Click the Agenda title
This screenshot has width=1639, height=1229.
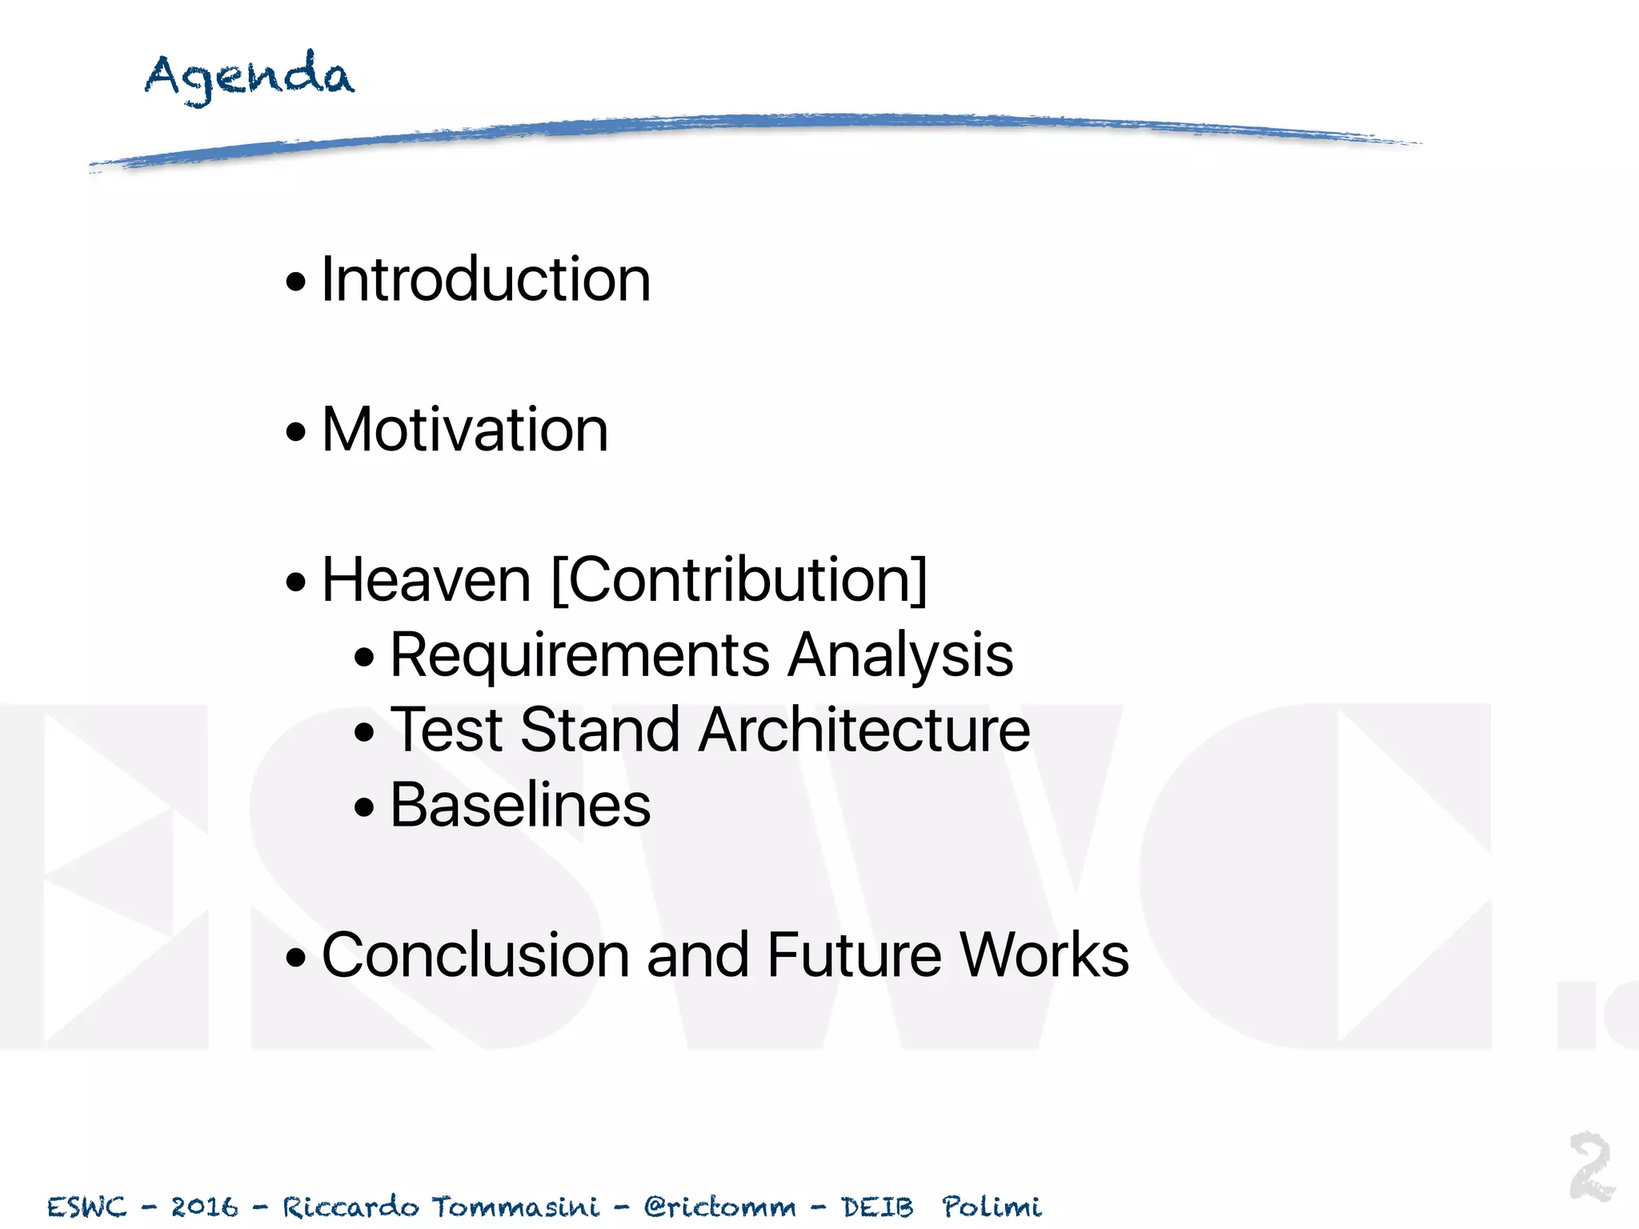click(x=249, y=77)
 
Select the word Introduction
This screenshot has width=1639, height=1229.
click(x=486, y=279)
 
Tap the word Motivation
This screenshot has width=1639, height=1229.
click(x=465, y=430)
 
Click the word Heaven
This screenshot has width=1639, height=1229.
click(x=427, y=579)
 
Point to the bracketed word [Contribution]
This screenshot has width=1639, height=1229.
click(x=739, y=579)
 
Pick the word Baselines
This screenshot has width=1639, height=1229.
click(x=520, y=805)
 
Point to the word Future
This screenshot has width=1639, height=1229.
click(x=854, y=955)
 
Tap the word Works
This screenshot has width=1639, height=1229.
click(x=1044, y=955)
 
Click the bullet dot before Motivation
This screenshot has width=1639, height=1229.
click(x=296, y=432)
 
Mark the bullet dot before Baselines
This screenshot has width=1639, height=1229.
click(x=364, y=807)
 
